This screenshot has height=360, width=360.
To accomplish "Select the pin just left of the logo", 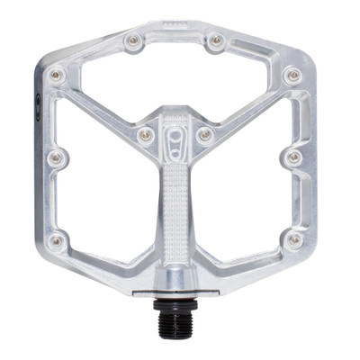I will coord(144,135).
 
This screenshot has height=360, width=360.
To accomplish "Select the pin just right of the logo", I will coord(204,135).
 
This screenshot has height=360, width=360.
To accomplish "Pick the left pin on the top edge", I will coord(133,40).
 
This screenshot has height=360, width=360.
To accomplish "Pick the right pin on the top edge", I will coord(216,40).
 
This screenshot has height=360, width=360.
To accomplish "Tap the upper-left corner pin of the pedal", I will coord(56,75).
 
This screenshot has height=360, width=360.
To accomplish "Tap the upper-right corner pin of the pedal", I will coord(292,75).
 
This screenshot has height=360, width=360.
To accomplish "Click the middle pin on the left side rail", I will coord(56,158).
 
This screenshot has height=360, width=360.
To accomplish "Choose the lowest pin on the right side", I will coord(293,239).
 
